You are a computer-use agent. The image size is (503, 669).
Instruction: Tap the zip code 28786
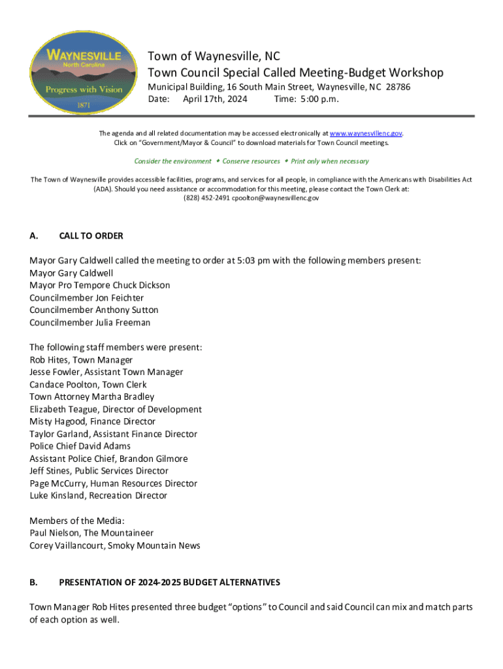[x=398, y=87]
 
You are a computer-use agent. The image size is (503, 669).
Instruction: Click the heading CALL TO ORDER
[x=91, y=236]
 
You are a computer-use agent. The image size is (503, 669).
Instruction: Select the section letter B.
[x=33, y=582]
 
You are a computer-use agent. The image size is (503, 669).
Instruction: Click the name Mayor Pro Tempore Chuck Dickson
[x=99, y=286]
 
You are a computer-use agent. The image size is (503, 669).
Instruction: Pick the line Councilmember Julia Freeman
[x=89, y=323]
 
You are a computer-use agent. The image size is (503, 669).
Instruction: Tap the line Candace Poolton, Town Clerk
[x=88, y=385]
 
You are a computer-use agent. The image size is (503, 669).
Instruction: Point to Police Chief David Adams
[x=80, y=446]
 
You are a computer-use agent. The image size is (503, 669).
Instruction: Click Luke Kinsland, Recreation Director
[x=98, y=496]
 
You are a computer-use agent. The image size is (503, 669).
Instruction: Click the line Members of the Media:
[x=76, y=521]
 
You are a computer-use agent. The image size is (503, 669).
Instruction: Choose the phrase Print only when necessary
[x=330, y=161]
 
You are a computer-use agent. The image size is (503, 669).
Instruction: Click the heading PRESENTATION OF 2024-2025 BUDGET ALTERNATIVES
[x=169, y=582]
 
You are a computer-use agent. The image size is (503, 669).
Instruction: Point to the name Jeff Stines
[x=50, y=471]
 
